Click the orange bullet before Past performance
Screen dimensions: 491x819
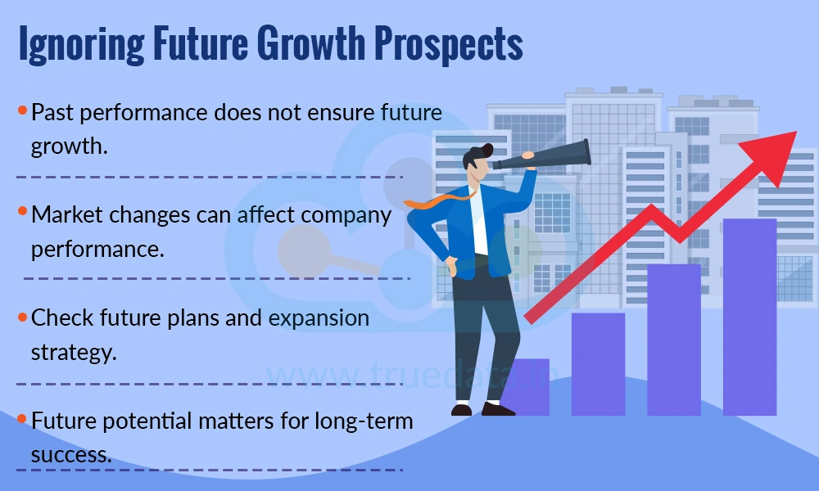pos(22,110)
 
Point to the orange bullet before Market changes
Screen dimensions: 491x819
pos(22,212)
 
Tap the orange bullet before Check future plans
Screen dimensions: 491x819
pos(22,314)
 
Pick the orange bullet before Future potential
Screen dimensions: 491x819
pos(22,418)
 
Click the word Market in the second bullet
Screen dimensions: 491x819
pos(66,215)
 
